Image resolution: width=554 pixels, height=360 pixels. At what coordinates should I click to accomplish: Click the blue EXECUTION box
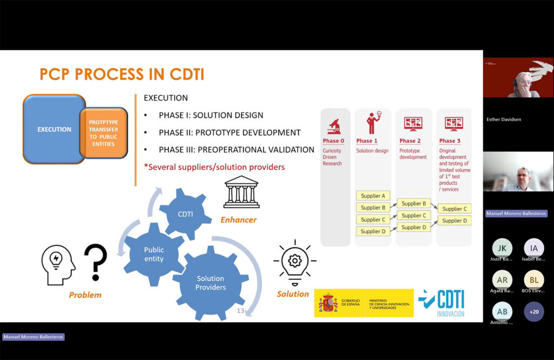coord(52,129)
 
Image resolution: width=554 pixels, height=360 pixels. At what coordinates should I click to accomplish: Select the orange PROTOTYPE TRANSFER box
coord(103,133)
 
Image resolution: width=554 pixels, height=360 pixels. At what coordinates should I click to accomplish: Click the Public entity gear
coord(154,254)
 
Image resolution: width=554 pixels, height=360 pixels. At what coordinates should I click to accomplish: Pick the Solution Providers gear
coord(210,282)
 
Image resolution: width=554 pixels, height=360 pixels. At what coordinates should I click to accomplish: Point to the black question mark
coord(96,261)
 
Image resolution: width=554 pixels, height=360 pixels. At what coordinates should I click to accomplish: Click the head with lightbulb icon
coord(58,264)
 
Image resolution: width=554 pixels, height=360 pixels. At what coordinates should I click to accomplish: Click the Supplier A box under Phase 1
coord(373,196)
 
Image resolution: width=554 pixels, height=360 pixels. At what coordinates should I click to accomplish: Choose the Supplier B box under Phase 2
coord(414,204)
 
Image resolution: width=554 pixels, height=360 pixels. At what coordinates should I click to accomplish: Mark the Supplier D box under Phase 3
coord(454,221)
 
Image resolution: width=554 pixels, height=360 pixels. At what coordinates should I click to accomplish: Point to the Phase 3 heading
coord(450,141)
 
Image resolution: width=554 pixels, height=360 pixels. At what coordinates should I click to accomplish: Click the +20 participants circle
coord(534,312)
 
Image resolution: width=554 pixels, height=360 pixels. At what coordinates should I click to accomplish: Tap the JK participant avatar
coord(502,248)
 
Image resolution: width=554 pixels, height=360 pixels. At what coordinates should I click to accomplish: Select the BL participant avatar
coord(534,280)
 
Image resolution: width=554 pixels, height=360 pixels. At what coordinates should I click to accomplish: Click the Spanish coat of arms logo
coord(328,303)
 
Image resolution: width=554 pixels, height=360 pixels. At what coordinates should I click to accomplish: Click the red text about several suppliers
coord(214,167)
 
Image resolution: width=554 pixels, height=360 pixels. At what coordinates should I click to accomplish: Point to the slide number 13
coord(241,311)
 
